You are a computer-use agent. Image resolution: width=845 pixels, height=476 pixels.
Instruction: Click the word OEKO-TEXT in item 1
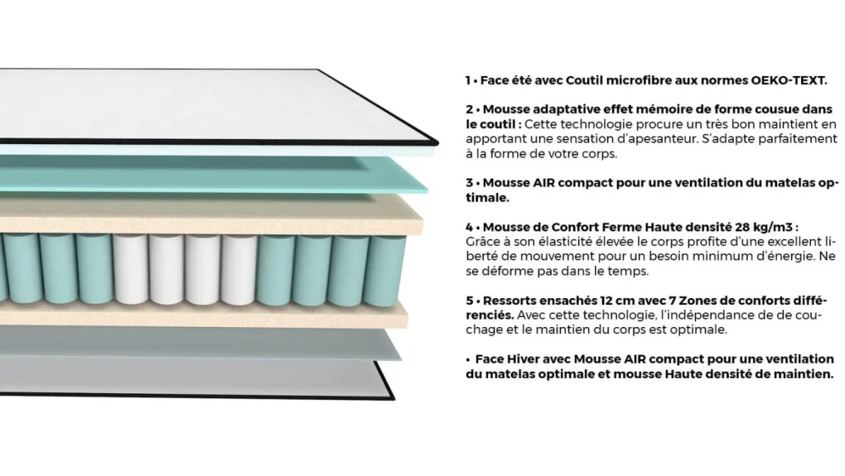[789, 80]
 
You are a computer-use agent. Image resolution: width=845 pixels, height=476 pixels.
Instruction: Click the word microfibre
[638, 80]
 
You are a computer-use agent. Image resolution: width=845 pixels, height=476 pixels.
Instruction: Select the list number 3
[470, 183]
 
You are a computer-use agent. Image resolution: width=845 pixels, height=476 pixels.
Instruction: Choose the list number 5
[470, 301]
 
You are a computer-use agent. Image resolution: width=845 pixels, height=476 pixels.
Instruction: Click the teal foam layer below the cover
[215, 172]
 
